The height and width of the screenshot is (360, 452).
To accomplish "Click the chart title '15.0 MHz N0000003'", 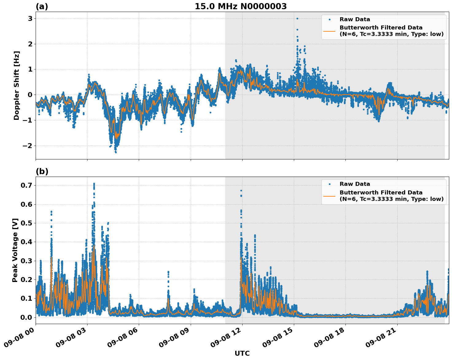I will (240, 6).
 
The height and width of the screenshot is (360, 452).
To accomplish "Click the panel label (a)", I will (42, 6).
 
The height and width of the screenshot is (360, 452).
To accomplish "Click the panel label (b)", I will (42, 171).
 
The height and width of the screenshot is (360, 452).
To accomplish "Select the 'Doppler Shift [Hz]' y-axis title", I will (17, 85).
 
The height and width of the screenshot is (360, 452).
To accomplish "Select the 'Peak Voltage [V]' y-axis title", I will (15, 250).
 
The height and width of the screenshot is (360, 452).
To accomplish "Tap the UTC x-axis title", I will (242, 353).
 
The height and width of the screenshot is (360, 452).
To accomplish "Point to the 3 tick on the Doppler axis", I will (30, 18).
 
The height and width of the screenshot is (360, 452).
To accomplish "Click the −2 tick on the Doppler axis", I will (27, 146).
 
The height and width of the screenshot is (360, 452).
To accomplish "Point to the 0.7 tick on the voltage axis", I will (27, 185).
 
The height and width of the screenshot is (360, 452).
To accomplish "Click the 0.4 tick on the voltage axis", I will (27, 242).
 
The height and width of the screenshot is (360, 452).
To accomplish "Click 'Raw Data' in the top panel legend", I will (355, 19).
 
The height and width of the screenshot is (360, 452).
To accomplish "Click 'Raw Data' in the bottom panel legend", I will (355, 184).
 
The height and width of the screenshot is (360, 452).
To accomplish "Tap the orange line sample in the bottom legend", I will (329, 196).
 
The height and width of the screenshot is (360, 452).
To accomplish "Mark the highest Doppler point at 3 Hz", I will (297, 18).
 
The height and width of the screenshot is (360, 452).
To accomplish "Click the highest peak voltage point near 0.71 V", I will (94, 184).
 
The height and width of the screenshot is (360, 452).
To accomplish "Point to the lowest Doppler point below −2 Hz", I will (116, 152).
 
